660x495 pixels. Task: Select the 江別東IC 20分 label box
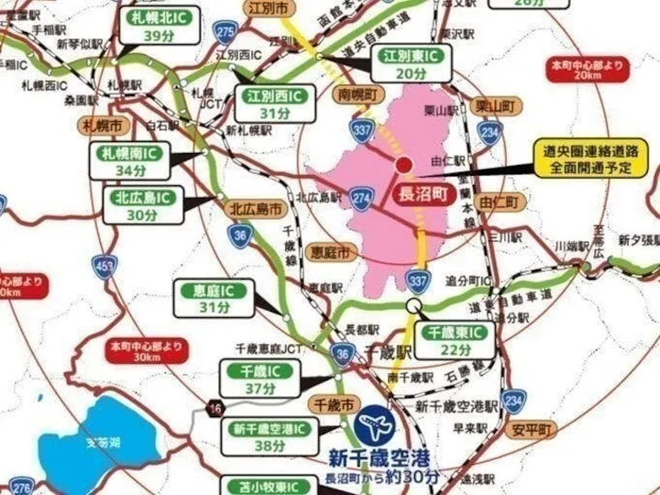pos(410,64)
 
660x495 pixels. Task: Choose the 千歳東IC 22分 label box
pos(455,339)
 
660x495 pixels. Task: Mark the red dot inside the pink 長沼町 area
pos(404,165)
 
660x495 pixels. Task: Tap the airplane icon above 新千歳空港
pos(377,424)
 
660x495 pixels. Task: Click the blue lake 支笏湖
pos(101,441)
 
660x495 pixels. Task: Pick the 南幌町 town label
pos(357,94)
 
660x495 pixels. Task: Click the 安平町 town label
pos(532,429)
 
